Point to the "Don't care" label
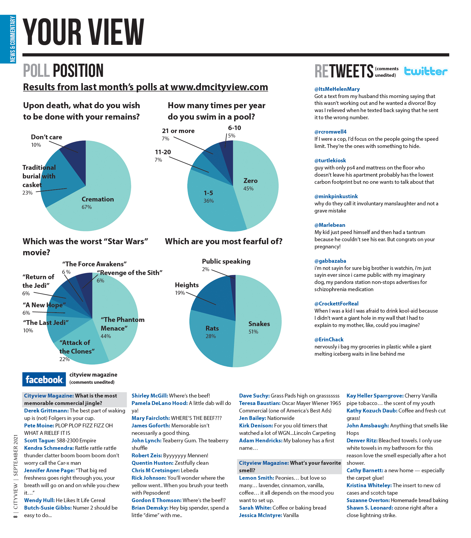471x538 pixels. pos(46,137)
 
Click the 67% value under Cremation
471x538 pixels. pos(87,207)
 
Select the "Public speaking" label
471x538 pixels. pos(226,262)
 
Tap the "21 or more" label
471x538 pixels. pos(178,131)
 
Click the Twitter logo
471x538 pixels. pos(426,71)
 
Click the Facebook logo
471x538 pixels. pos(44,380)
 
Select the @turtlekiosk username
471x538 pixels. pos(330,161)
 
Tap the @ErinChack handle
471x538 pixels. pos(329,340)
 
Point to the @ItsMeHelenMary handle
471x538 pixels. pos(337,89)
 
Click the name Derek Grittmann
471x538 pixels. pos(46,411)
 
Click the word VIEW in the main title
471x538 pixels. pos(117,32)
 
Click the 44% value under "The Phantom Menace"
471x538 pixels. pos(106,336)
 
